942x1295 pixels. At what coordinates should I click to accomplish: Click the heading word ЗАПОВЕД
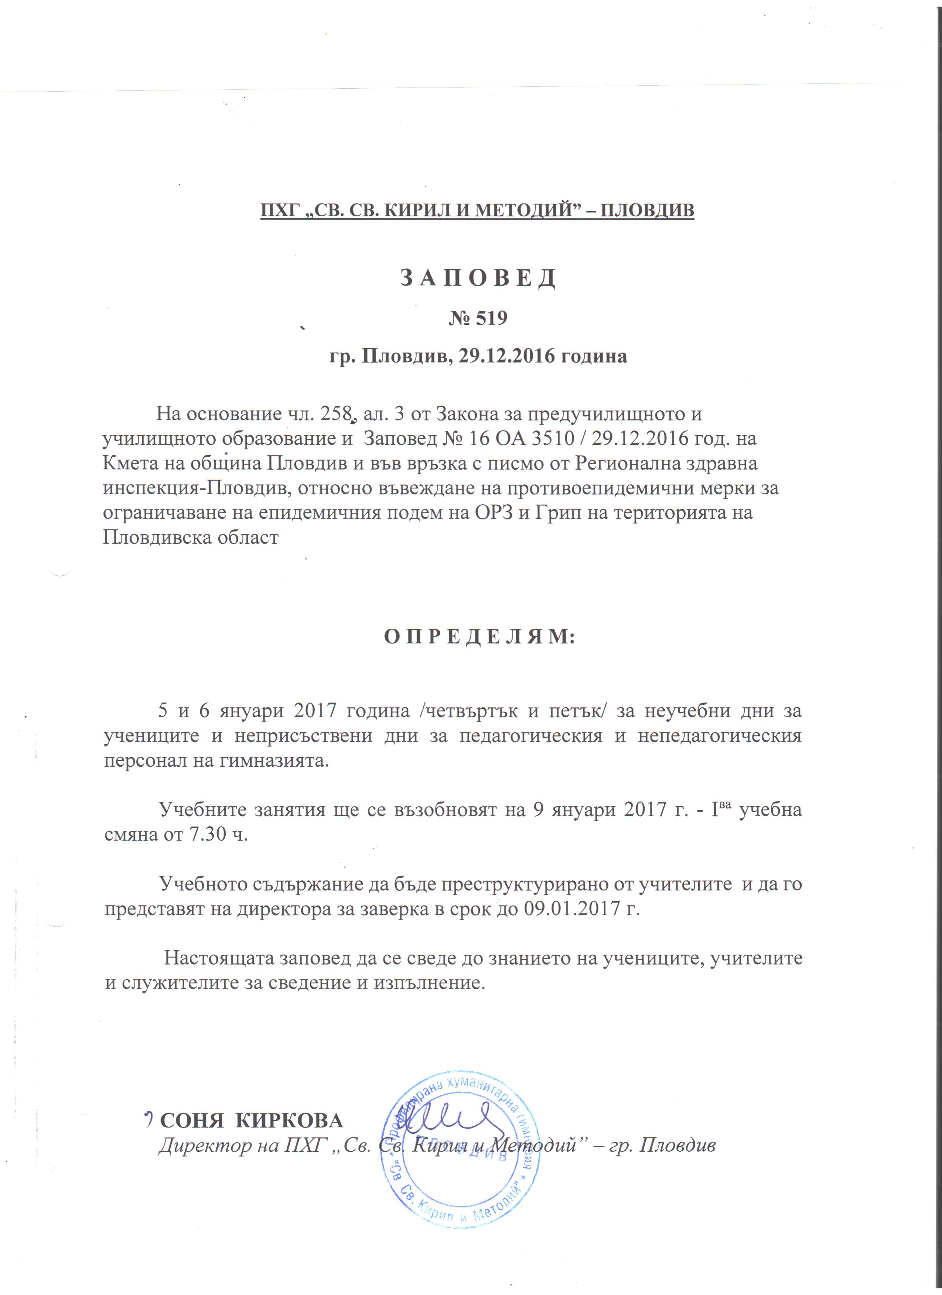coord(477,278)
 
